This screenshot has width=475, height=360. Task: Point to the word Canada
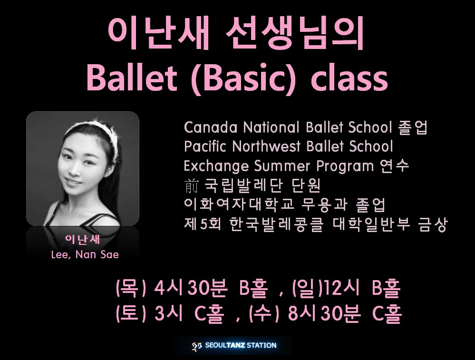[x=211, y=127]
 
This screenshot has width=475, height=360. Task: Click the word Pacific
[x=205, y=146]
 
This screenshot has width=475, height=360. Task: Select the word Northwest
[x=266, y=146]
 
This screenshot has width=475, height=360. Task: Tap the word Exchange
[x=217, y=166]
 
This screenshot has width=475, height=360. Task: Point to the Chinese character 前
[x=191, y=186]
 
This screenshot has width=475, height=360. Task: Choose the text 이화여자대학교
[x=239, y=205]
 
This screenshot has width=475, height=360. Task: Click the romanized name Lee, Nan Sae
[x=85, y=254]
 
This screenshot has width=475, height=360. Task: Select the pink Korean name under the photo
[x=82, y=239]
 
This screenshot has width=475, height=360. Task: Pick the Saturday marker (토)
[x=131, y=314]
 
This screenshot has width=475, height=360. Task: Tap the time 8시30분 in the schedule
[x=323, y=313]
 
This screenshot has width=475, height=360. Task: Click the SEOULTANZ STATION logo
[x=234, y=345]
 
